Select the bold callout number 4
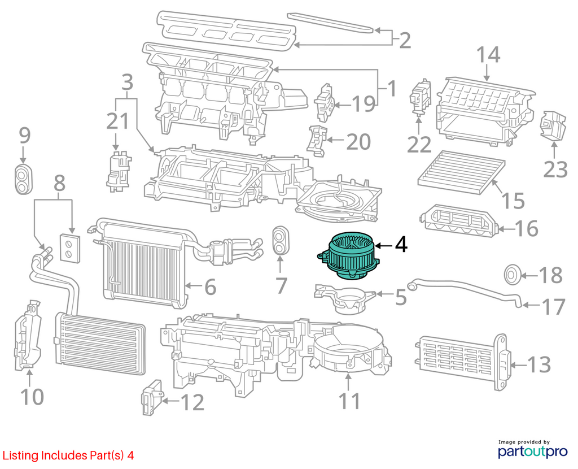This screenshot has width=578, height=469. coord(401,245)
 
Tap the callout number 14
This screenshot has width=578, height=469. coord(488,55)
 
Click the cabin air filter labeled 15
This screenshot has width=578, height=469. coord(461,173)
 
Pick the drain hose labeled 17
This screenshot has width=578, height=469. coord(465,292)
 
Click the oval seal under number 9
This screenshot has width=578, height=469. coord(24,180)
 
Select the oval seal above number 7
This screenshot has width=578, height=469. coord(281,240)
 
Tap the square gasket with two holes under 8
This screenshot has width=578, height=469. coord(69,248)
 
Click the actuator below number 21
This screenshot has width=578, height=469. coord(118,171)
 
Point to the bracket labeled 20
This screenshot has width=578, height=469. coord(317,141)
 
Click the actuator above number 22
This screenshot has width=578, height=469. coord(420,96)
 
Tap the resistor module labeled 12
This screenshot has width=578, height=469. coord(152,398)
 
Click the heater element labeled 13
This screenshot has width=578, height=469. coord(463,362)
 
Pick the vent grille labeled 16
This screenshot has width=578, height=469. coord(459,222)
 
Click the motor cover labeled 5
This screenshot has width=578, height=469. coord(345,298)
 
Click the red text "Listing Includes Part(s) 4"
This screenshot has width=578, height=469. coord(68,455)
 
